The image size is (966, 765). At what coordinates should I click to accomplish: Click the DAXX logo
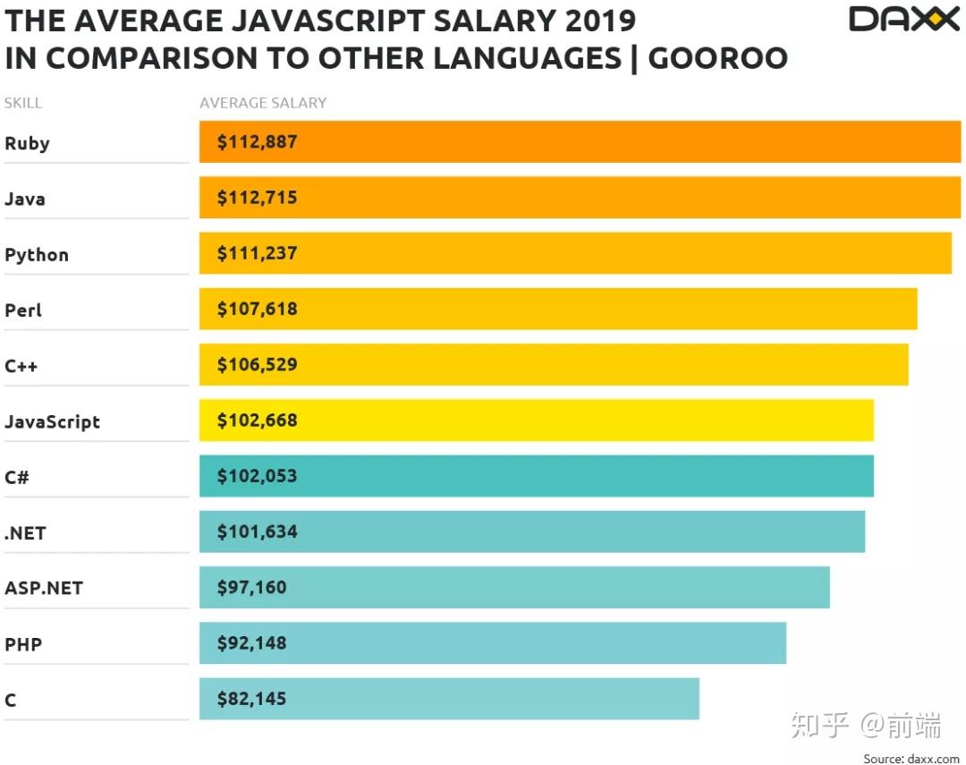pyautogui.click(x=903, y=19)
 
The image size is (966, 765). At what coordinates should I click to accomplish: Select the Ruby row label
pyautogui.click(x=27, y=143)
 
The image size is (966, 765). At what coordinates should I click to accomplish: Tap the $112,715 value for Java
pyautogui.click(x=257, y=198)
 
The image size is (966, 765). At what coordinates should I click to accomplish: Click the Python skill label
pyautogui.click(x=37, y=255)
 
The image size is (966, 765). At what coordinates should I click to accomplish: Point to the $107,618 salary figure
pyautogui.click(x=257, y=309)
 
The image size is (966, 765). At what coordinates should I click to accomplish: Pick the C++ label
pyautogui.click(x=21, y=366)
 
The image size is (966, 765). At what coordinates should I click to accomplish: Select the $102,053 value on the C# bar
pyautogui.click(x=257, y=476)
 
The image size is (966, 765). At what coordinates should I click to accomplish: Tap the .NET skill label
pyautogui.click(x=25, y=533)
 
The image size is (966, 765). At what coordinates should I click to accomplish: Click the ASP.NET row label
pyautogui.click(x=43, y=589)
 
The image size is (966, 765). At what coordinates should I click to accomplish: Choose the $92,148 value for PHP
pyautogui.click(x=251, y=642)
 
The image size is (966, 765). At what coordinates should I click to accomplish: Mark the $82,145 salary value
pyautogui.click(x=251, y=699)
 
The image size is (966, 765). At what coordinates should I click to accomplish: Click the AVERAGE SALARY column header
pyautogui.click(x=263, y=103)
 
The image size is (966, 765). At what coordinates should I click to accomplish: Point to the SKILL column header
pyautogui.click(x=23, y=103)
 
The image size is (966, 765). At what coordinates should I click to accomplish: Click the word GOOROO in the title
pyautogui.click(x=717, y=58)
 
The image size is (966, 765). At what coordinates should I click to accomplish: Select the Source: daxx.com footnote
pyautogui.click(x=911, y=758)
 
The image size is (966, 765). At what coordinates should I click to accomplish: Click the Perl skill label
pyautogui.click(x=23, y=310)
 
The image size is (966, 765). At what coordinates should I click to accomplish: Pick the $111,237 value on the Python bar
pyautogui.click(x=257, y=253)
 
